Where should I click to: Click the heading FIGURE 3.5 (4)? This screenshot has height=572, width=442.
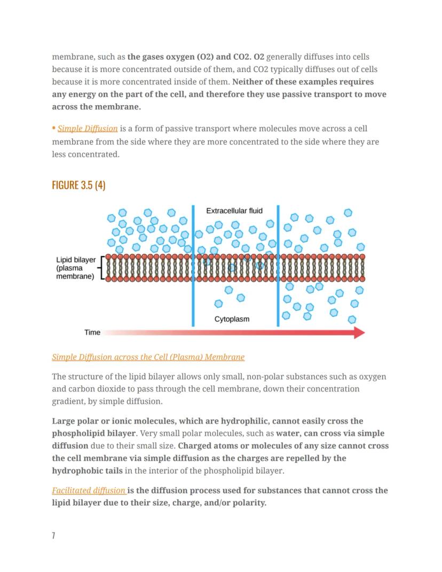click(x=78, y=185)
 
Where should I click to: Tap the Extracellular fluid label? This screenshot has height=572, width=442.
click(x=234, y=211)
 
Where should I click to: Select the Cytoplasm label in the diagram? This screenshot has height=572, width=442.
click(x=232, y=319)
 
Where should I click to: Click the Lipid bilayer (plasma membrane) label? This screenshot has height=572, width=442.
click(x=76, y=268)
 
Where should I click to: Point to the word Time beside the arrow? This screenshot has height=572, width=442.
click(x=92, y=333)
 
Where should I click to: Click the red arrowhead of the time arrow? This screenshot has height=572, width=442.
click(x=359, y=333)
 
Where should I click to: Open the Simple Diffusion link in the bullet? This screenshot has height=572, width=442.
click(x=88, y=129)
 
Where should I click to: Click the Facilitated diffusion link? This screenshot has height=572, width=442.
click(x=89, y=490)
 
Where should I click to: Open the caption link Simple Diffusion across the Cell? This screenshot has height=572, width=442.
click(x=148, y=357)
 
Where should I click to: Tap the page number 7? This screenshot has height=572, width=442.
click(x=53, y=536)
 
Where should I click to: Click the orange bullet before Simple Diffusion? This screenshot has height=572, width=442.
click(x=54, y=129)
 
